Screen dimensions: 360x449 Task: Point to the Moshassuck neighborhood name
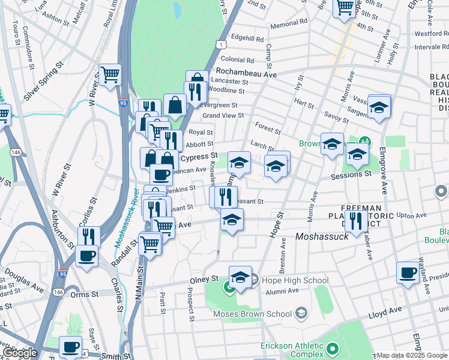[321, 238]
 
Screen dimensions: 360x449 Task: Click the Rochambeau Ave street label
[248, 74]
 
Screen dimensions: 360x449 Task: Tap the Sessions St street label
[351, 175]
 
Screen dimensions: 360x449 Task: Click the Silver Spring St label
[44, 84]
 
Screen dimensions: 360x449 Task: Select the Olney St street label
[205, 280]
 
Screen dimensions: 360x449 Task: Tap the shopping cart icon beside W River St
[110, 75]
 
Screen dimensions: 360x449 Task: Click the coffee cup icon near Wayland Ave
[408, 272]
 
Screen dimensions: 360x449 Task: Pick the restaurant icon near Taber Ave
[357, 220]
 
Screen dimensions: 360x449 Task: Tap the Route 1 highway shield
[222, 45]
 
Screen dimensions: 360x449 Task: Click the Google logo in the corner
[19, 353]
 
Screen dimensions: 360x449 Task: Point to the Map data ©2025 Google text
[412, 355]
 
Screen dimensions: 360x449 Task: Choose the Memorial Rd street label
[288, 23]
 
